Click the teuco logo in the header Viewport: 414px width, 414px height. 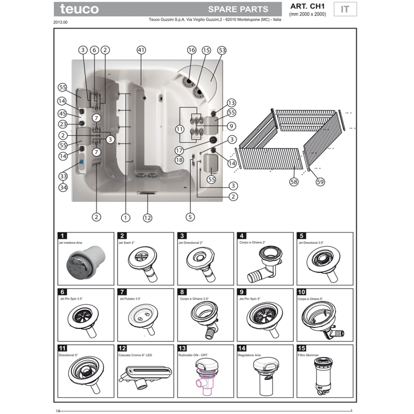click(79, 9)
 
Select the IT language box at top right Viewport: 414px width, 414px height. click(345, 9)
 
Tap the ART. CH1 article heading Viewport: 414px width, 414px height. click(307, 6)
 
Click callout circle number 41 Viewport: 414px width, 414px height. click(141, 50)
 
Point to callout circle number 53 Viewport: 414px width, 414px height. click(222, 50)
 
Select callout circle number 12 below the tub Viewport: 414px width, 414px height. click(147, 218)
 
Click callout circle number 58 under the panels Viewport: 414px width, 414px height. click(294, 182)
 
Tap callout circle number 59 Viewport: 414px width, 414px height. click(320, 182)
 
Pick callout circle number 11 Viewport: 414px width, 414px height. click(180, 129)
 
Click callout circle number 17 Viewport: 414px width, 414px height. click(179, 151)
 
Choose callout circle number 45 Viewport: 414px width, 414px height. click(63, 113)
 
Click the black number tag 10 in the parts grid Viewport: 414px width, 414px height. click(301, 292)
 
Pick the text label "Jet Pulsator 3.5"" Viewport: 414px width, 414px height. click(130, 299)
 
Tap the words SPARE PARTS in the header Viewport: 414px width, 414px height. click(238, 10)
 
